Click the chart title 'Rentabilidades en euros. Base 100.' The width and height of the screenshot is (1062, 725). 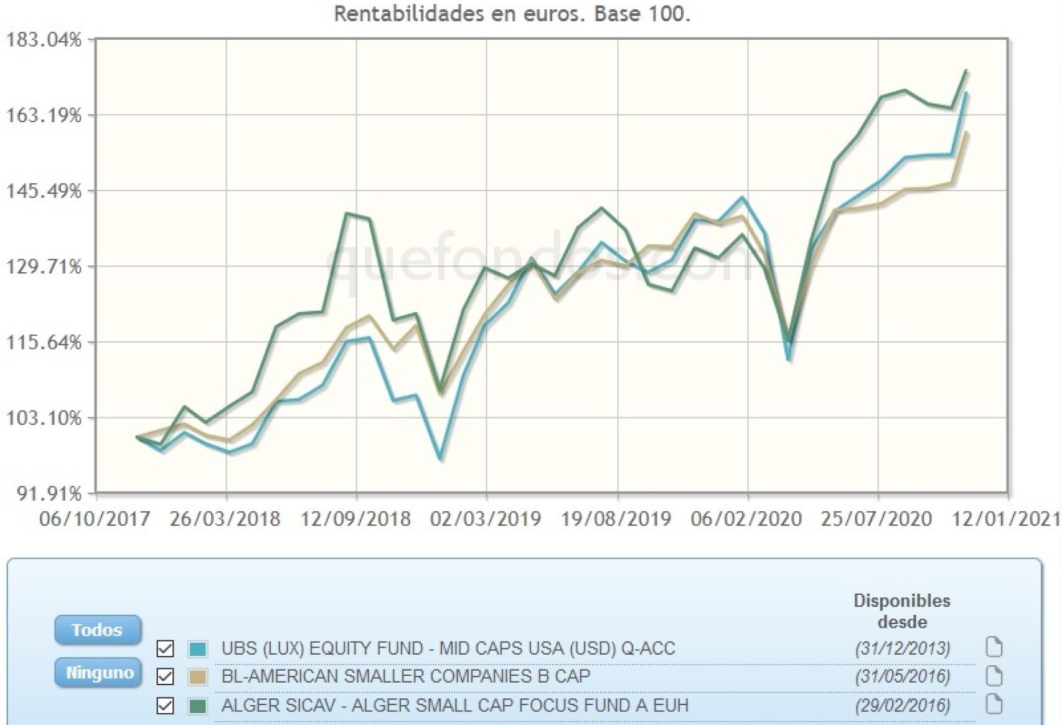(x=512, y=14)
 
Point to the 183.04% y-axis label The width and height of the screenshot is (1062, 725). (x=44, y=40)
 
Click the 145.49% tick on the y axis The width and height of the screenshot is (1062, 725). (x=44, y=191)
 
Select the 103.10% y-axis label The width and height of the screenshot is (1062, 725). (x=44, y=418)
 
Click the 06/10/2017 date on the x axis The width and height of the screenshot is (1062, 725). (x=95, y=519)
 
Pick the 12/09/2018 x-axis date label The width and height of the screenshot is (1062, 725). (x=355, y=519)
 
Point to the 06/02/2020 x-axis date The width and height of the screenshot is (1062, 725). (x=746, y=519)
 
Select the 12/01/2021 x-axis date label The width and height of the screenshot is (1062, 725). (x=1006, y=519)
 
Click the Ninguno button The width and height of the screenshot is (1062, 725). (x=99, y=673)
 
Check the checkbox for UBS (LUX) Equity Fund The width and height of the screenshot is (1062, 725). (x=165, y=648)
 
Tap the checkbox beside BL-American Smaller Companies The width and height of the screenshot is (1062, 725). (x=165, y=676)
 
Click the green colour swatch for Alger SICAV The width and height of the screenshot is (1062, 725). (x=198, y=706)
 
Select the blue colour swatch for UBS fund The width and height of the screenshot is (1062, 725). (x=198, y=648)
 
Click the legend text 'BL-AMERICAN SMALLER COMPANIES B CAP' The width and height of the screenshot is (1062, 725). (x=405, y=676)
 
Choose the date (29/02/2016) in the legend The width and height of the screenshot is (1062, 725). (x=903, y=706)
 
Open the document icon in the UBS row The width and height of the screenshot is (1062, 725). (x=994, y=648)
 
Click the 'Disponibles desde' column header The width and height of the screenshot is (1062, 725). (x=901, y=611)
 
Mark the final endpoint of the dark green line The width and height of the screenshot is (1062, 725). (x=966, y=70)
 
